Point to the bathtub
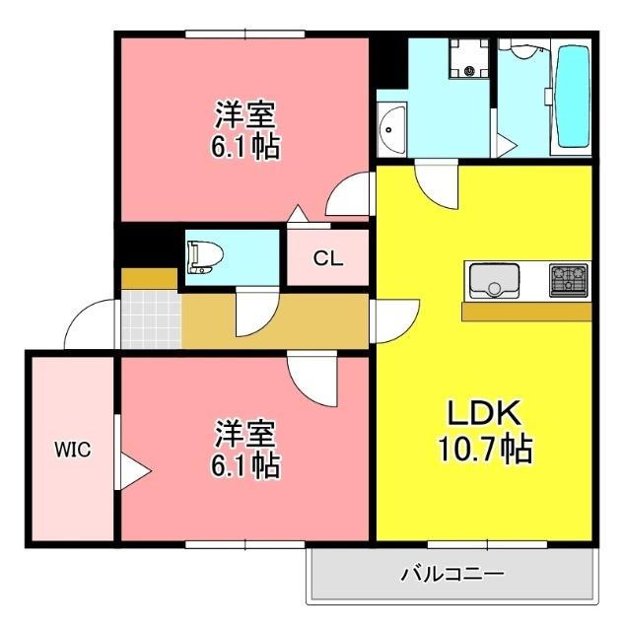coord(571,95)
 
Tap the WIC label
coord(72,451)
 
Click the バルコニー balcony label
coord(452,573)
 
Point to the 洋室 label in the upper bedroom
coord(245,113)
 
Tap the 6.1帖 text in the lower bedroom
coord(245,465)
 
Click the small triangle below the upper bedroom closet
coord(295,213)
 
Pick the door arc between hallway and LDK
coord(390,321)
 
